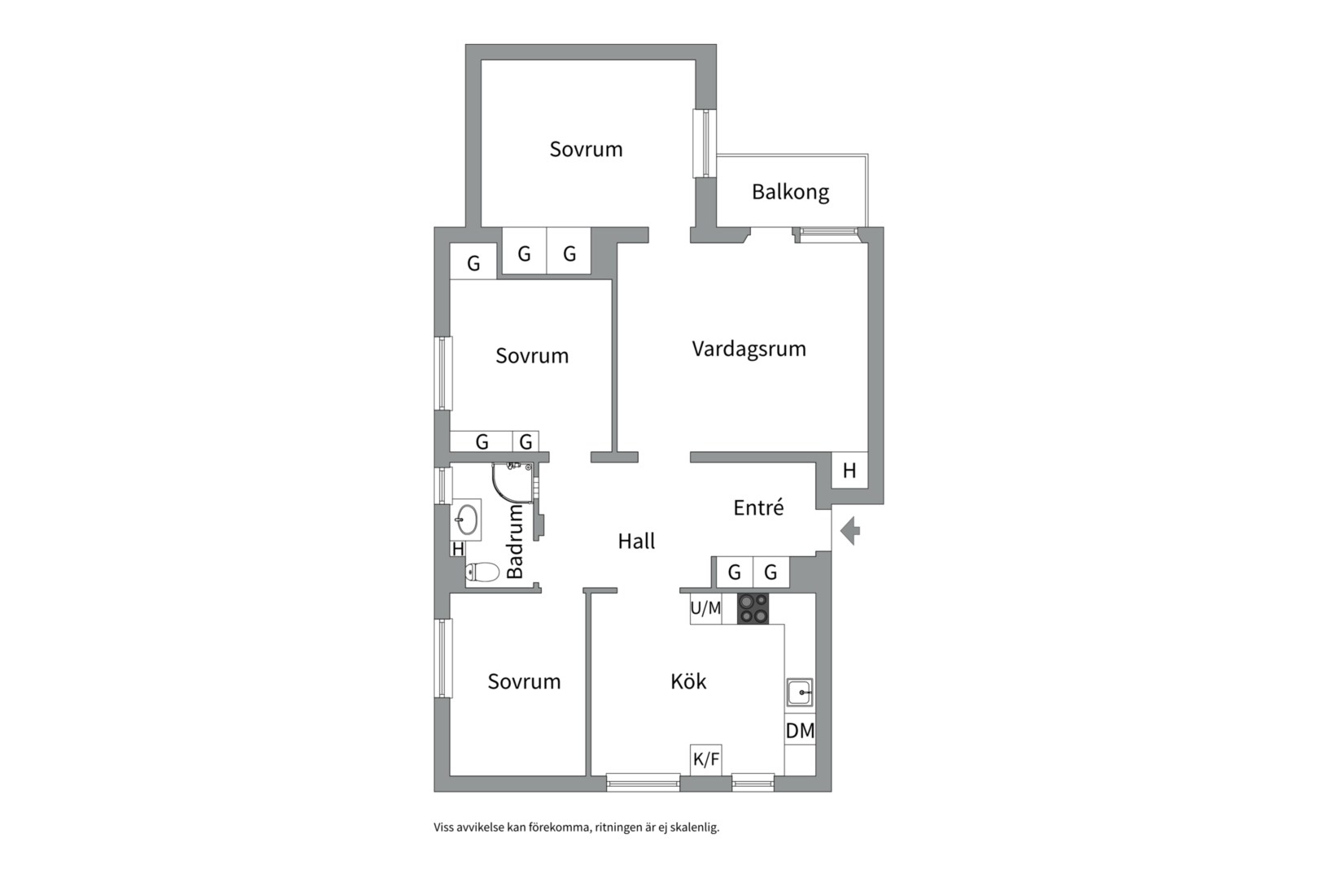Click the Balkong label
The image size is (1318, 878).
point(790,193)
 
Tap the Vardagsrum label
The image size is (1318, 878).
point(748,349)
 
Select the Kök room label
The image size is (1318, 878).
point(688,681)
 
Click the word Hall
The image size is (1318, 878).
point(636,541)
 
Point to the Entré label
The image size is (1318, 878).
point(758,508)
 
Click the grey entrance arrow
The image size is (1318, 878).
point(850,532)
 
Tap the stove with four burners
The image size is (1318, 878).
point(753,608)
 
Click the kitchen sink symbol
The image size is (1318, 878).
point(799,693)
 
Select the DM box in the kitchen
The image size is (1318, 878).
point(800,731)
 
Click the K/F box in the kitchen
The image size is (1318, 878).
point(705,759)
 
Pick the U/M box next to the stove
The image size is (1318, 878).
point(705,608)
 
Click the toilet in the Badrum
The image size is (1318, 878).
point(482,572)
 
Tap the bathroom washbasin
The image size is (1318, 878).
point(467,519)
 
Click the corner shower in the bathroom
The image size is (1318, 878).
point(511,482)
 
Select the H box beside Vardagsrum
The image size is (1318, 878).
point(849,471)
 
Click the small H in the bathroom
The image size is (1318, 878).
point(458,550)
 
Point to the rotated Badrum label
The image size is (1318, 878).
point(515,541)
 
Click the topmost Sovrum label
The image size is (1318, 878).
point(586,150)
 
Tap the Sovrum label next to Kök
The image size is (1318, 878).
point(524,681)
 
